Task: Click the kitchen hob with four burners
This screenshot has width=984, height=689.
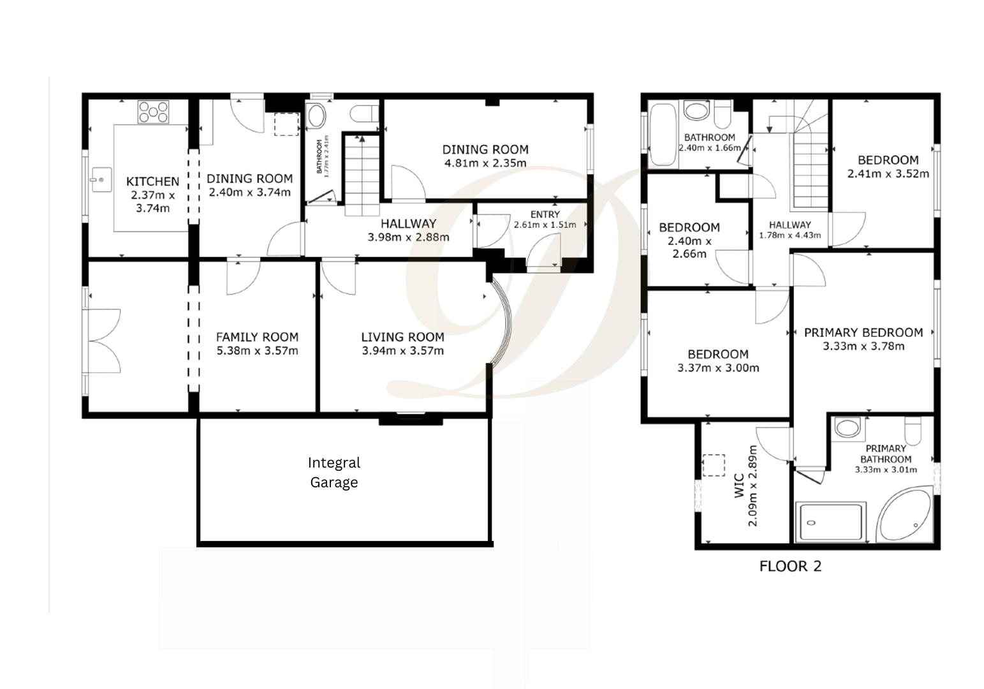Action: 154,112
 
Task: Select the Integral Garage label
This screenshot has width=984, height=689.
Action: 334,472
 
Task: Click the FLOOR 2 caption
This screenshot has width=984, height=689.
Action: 790,566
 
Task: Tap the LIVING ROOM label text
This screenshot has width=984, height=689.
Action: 402,337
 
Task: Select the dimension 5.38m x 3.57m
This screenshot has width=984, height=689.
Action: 257,351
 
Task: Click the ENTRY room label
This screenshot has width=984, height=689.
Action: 545,214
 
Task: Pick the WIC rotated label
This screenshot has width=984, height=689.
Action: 738,485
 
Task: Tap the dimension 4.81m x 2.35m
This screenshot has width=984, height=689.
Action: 485,163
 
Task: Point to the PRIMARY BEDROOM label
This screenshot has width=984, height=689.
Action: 863,332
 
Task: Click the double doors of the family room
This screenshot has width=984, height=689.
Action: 105,341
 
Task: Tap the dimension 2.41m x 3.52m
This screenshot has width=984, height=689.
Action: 888,174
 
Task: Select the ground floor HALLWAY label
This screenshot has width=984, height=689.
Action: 408,223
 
